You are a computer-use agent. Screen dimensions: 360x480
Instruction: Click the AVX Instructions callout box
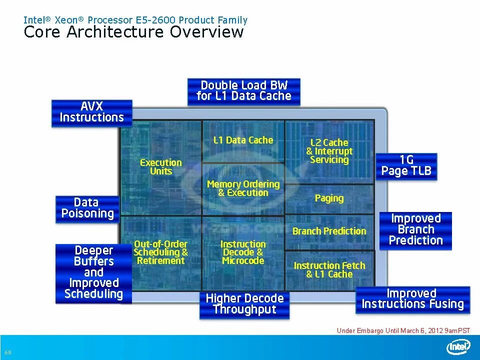tap(92, 112)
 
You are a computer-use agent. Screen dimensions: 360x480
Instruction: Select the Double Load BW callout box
tap(244, 91)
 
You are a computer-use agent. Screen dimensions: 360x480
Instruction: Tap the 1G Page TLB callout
tap(406, 166)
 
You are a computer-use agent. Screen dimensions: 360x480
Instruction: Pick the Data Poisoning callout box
tap(87, 208)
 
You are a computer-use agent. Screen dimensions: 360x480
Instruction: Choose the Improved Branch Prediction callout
tap(416, 230)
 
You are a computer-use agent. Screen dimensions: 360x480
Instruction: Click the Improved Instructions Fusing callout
tap(412, 299)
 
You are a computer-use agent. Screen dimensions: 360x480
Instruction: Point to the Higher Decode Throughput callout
tap(244, 304)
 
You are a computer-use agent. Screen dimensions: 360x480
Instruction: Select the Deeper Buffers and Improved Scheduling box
tap(93, 272)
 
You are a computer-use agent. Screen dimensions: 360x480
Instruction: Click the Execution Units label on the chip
tap(161, 167)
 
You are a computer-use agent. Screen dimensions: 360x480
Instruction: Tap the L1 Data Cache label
tap(243, 140)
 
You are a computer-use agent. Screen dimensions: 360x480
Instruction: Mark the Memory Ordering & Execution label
tap(243, 188)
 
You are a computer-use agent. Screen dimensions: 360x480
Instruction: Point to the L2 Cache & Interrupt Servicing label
tap(329, 151)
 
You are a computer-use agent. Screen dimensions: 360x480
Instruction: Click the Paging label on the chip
tap(329, 198)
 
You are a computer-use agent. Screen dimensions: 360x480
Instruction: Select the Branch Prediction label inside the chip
tap(329, 231)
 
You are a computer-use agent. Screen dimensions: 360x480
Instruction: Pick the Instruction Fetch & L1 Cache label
tap(329, 270)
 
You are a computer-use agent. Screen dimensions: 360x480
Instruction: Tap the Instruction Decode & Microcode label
tap(243, 252)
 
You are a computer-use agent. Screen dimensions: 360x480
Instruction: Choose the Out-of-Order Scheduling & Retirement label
tap(161, 252)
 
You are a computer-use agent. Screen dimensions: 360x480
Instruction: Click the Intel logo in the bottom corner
tap(458, 347)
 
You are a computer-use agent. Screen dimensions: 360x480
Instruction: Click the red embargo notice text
tap(403, 330)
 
